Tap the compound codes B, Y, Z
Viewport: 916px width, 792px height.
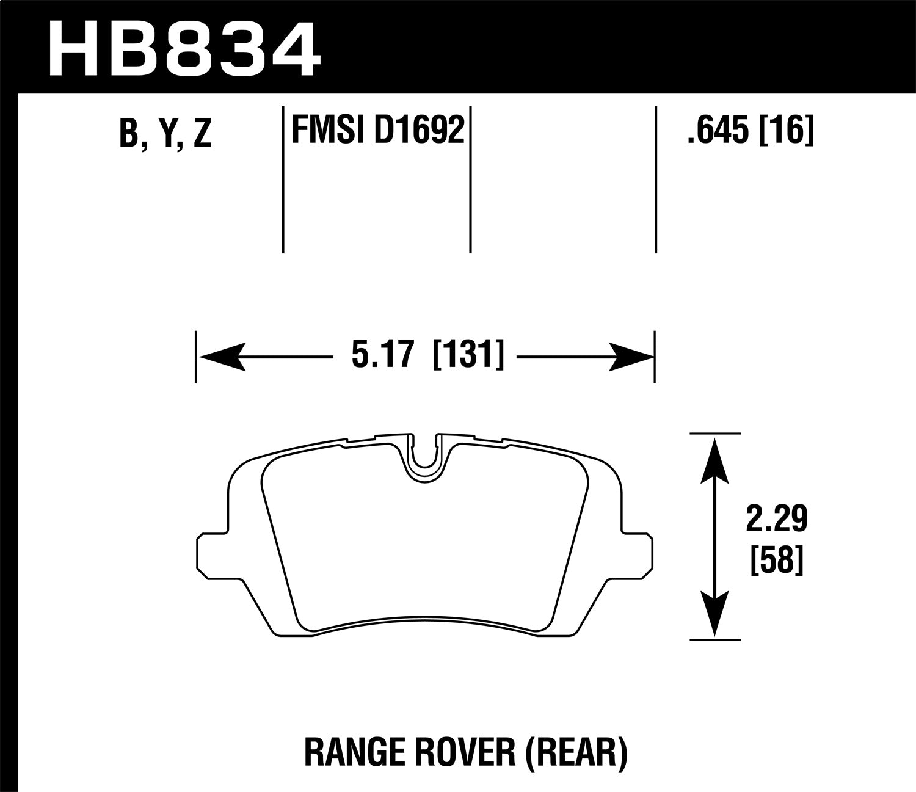[x=165, y=133]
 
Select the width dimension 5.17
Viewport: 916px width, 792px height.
[x=383, y=355]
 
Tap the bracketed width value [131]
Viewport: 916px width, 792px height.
[x=468, y=355]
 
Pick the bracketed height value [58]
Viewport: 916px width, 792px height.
[x=776, y=560]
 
